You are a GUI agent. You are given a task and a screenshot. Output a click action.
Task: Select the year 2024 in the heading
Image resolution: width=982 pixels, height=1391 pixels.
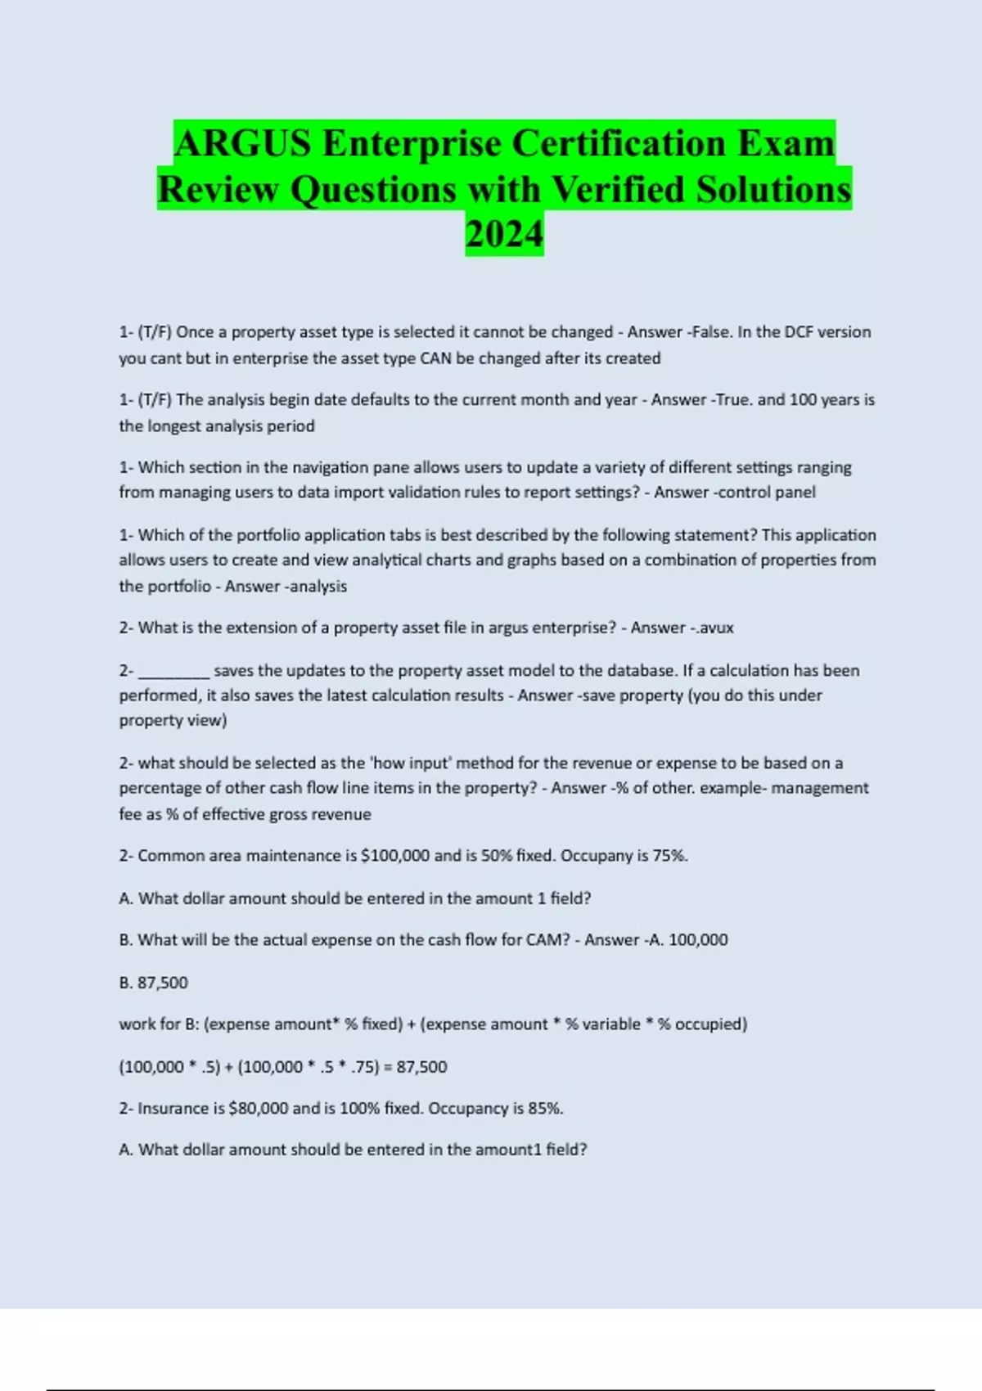(x=504, y=235)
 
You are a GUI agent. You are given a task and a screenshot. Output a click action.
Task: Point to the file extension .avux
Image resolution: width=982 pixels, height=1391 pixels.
(x=711, y=628)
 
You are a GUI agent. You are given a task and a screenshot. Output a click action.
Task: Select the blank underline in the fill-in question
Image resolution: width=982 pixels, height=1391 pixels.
(x=174, y=671)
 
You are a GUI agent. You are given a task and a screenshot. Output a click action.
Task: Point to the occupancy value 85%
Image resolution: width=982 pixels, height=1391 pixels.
(x=546, y=1109)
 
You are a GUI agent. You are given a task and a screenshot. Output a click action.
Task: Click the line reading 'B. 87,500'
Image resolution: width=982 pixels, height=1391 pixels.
(x=153, y=983)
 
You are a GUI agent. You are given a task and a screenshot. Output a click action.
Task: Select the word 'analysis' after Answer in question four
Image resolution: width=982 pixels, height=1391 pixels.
(x=318, y=587)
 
